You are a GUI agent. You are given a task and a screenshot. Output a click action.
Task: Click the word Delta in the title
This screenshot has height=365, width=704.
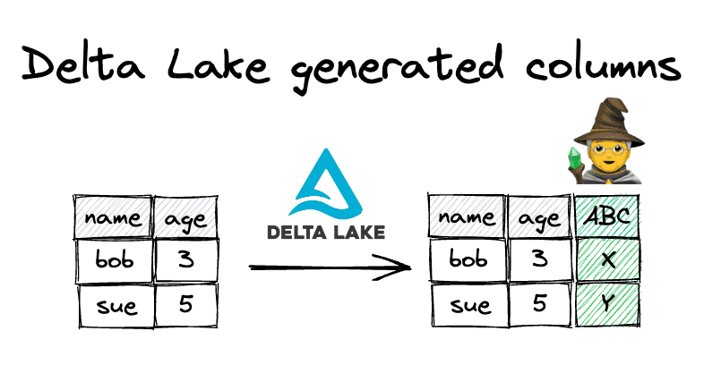tap(83, 63)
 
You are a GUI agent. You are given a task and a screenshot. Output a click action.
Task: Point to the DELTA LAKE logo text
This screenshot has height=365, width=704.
tap(326, 232)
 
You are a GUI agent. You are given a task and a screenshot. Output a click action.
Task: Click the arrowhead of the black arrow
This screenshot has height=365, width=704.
tap(395, 267)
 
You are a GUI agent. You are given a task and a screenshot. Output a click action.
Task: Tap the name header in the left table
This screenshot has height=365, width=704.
tap(113, 217)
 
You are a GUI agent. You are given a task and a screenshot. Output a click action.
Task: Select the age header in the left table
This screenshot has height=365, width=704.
tap(185, 218)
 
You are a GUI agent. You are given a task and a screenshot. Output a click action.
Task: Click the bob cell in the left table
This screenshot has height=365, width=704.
tap(114, 260)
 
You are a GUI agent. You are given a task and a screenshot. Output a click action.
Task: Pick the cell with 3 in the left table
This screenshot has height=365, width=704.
tap(186, 260)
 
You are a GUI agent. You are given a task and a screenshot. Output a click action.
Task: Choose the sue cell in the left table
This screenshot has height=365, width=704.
tap(116, 306)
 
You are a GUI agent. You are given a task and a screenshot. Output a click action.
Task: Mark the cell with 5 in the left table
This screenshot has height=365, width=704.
tap(186, 305)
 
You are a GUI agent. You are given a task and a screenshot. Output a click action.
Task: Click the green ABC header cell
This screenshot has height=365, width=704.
tap(606, 216)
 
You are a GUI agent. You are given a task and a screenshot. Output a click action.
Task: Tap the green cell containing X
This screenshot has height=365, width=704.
tap(607, 259)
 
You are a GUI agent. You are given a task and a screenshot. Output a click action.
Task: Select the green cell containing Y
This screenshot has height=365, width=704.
tap(607, 303)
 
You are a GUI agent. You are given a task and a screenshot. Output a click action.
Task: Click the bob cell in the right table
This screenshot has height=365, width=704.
tap(468, 259)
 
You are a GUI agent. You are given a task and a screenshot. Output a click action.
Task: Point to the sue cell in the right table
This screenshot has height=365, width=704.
tap(470, 305)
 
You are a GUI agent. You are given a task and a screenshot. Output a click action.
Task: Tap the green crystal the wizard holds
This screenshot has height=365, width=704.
tap(574, 157)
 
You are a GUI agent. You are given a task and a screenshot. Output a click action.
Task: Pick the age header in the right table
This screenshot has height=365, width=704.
tap(540, 216)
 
